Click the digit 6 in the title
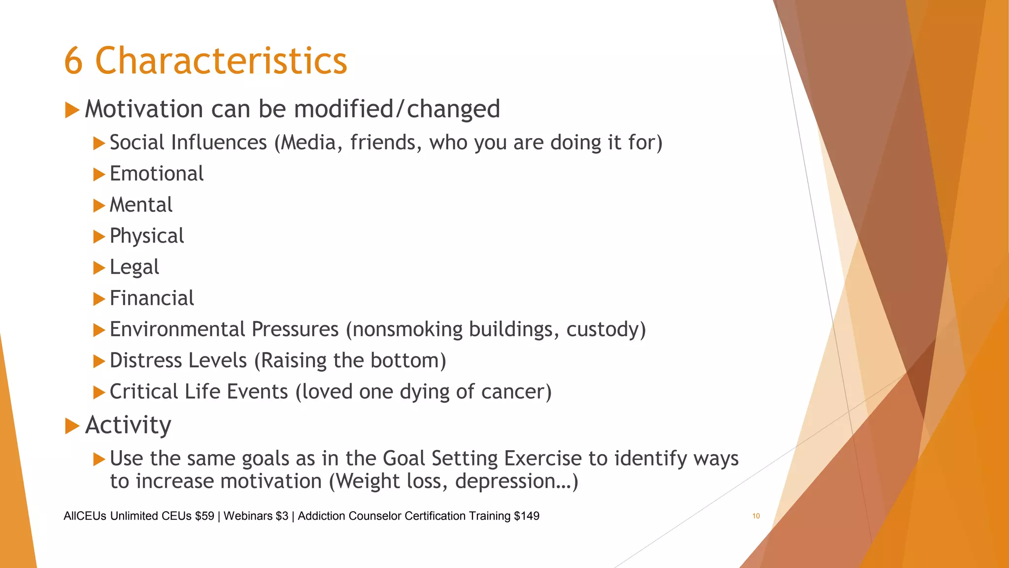pyautogui.click(x=73, y=61)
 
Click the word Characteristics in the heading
pyautogui.click(x=221, y=61)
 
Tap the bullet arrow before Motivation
pyautogui.click(x=72, y=109)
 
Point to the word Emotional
pyautogui.click(x=156, y=174)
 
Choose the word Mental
pyautogui.click(x=141, y=205)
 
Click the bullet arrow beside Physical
pyautogui.click(x=99, y=237)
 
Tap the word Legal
pyautogui.click(x=134, y=267)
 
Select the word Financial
pyautogui.click(x=152, y=298)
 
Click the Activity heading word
pyautogui.click(x=128, y=425)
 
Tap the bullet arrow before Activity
pyautogui.click(x=72, y=426)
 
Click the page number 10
pyautogui.click(x=756, y=516)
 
